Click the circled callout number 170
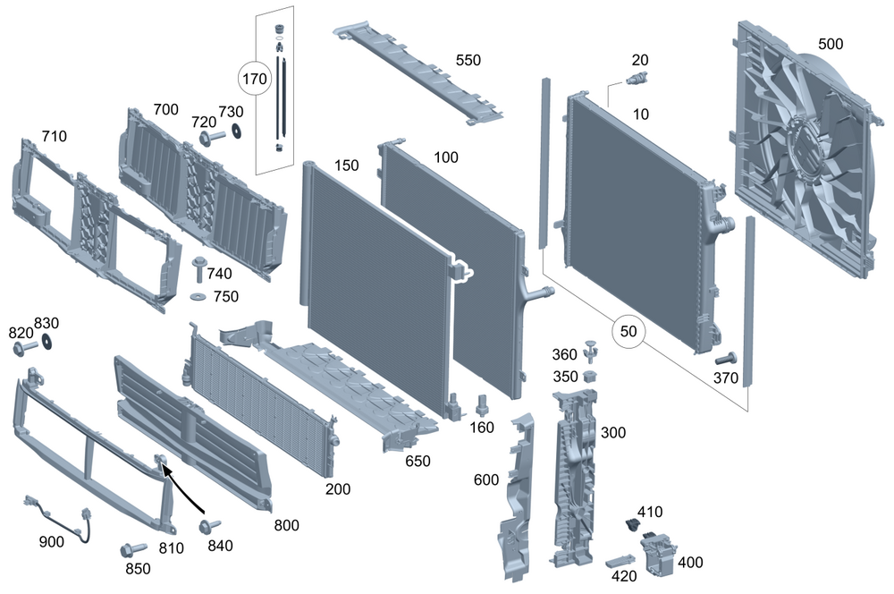click(254, 79)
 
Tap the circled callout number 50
click(629, 331)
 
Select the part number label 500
click(831, 44)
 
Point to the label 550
click(468, 60)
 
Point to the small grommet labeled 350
click(589, 376)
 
